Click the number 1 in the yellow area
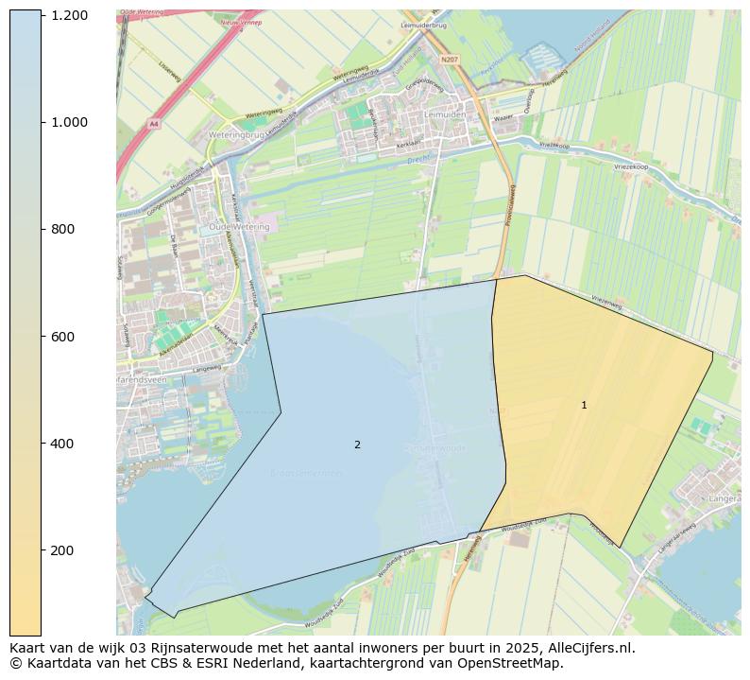(584, 405)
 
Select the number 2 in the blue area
(357, 445)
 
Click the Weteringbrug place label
(233, 136)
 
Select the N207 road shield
(449, 59)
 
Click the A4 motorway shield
(153, 124)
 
